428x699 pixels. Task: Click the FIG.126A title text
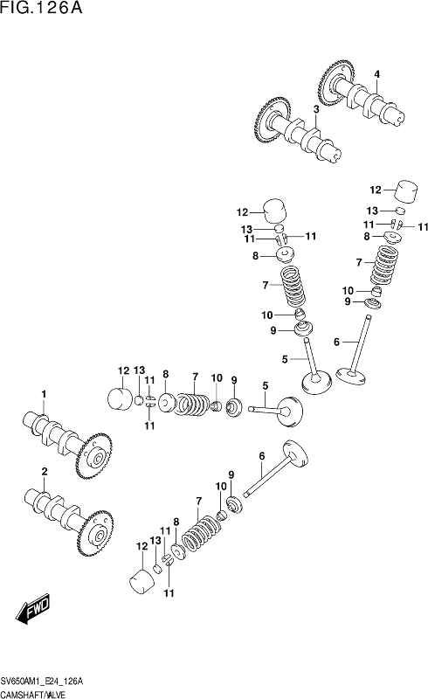point(41,8)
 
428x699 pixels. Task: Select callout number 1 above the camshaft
point(44,394)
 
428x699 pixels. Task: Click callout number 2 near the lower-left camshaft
point(45,471)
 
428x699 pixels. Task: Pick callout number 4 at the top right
point(377,74)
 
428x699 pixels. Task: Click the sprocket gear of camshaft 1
point(94,455)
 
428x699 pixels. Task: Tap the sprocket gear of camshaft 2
point(95,534)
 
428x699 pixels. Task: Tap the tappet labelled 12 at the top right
point(407,191)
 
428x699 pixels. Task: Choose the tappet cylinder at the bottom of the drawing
point(142,581)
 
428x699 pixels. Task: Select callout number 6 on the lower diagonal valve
point(262,456)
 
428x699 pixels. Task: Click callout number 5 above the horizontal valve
point(266,385)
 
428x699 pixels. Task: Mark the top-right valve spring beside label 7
point(384,266)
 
